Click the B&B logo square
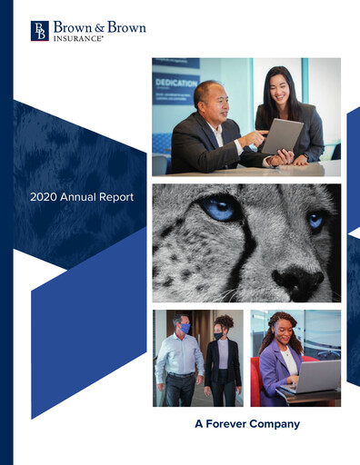pos(40,32)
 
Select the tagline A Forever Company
pos(247,423)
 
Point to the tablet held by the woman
pos(282,136)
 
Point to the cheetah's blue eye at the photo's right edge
pos(315,219)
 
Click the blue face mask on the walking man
pos(185,328)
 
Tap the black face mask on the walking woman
pos(218,335)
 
